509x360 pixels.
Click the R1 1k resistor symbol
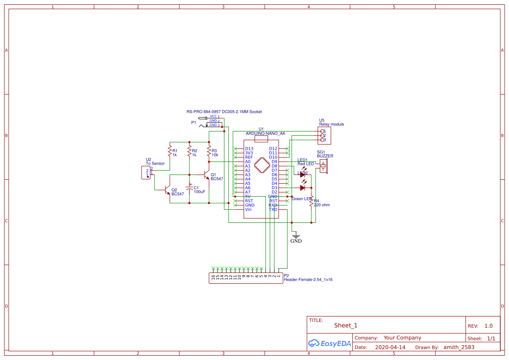[170, 151]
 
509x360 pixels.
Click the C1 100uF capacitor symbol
[189, 188]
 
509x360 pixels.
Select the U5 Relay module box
[324, 135]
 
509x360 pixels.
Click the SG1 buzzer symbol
[323, 166]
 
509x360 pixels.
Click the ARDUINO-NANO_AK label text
[265, 134]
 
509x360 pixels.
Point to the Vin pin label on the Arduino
[248, 209]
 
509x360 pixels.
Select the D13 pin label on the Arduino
[249, 148]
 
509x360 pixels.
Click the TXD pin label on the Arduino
[273, 209]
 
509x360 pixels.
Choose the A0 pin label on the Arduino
[248, 161]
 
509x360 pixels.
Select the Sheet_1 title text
[346, 325]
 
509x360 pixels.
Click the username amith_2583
[459, 347]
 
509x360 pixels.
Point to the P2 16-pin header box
[246, 278]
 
